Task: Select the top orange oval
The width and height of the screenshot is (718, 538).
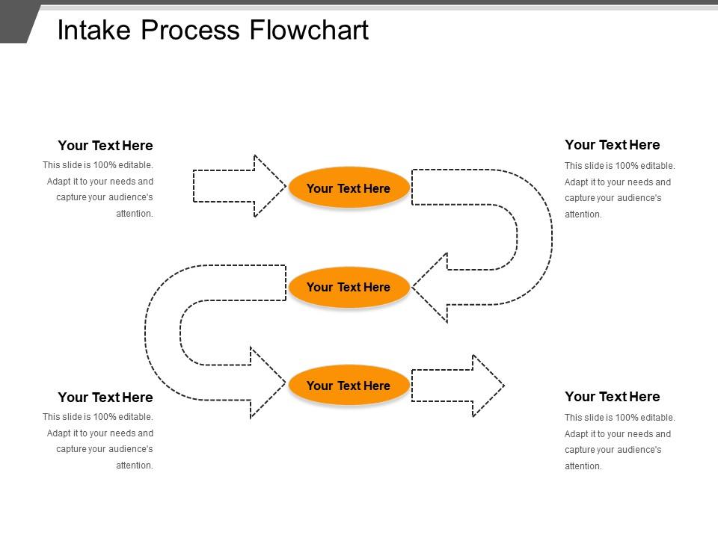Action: pyautogui.click(x=349, y=188)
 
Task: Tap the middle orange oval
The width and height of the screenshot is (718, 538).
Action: pyautogui.click(x=349, y=287)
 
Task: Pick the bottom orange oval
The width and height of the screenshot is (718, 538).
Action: pyautogui.click(x=349, y=386)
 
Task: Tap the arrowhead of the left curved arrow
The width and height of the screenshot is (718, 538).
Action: pyautogui.click(x=266, y=383)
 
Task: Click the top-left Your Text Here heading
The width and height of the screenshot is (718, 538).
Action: pyautogui.click(x=105, y=146)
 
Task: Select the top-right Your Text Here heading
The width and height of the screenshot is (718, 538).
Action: pyautogui.click(x=612, y=145)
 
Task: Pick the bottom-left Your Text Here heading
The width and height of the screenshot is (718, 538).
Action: pyautogui.click(x=105, y=398)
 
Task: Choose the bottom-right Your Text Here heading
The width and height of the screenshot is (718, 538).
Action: pyautogui.click(x=612, y=397)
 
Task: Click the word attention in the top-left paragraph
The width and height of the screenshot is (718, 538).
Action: pyautogui.click(x=135, y=214)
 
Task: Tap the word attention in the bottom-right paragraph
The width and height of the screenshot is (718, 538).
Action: pyautogui.click(x=583, y=466)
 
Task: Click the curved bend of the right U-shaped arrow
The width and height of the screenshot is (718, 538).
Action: pyautogui.click(x=534, y=236)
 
